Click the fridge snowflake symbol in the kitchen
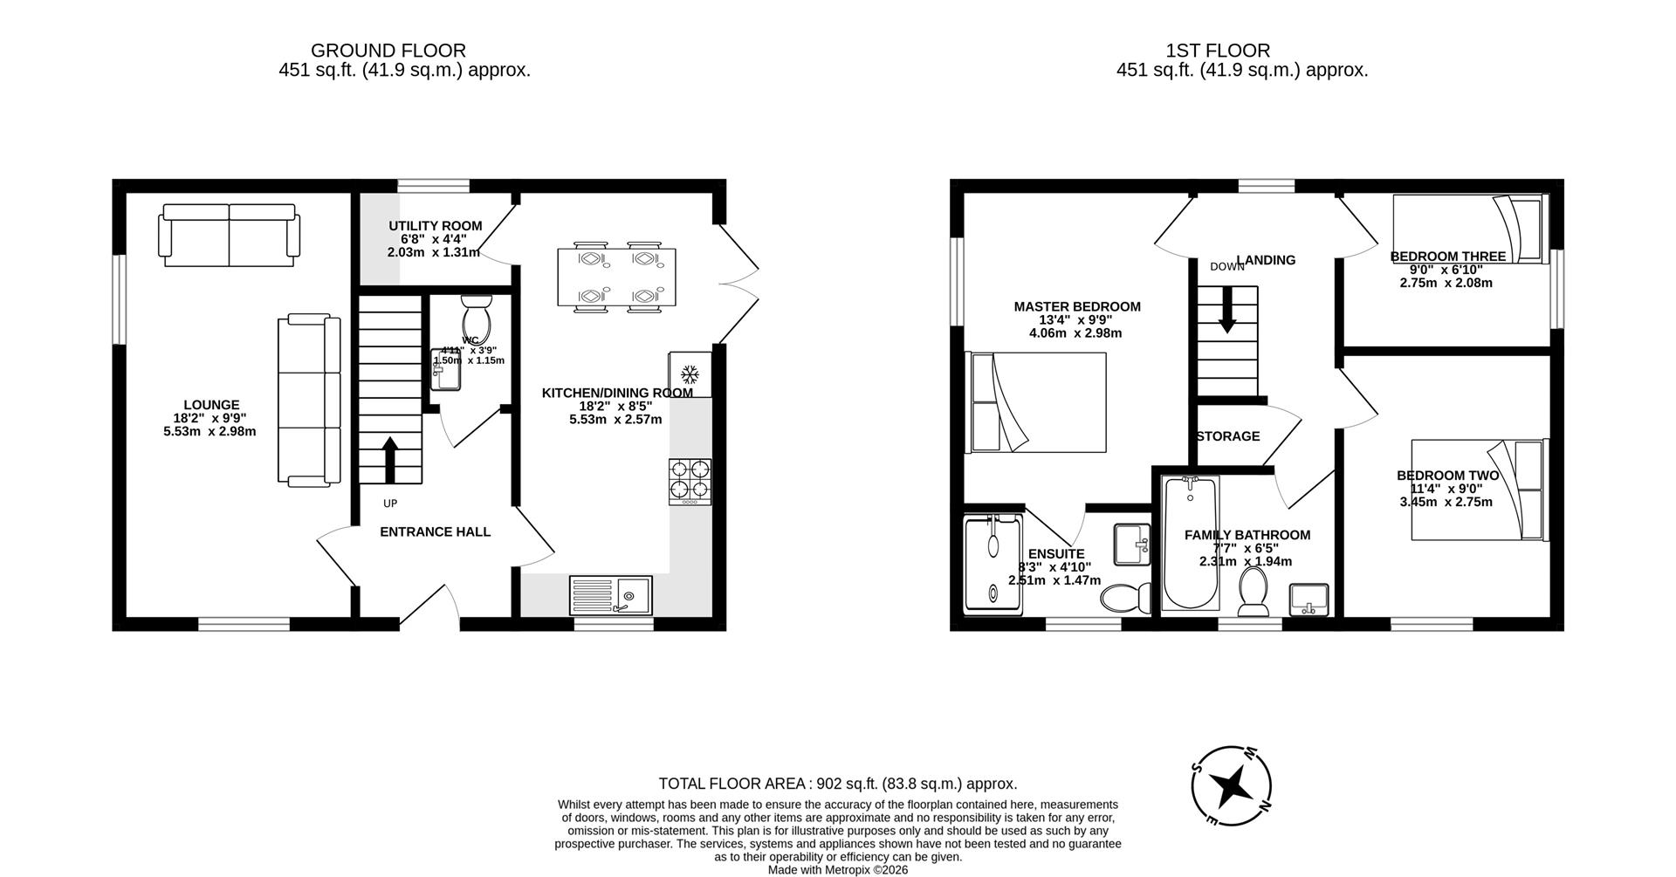pyautogui.click(x=690, y=375)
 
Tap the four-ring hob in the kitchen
pyautogui.click(x=690, y=481)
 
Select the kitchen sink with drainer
pyautogui.click(x=610, y=596)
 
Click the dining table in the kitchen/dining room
pyautogui.click(x=616, y=277)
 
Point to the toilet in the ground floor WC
pyautogui.click(x=477, y=319)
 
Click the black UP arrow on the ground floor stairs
pyautogui.click(x=389, y=458)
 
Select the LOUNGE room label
pyautogui.click(x=210, y=405)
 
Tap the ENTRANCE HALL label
pyautogui.click(x=435, y=531)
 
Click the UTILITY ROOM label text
pyautogui.click(x=435, y=226)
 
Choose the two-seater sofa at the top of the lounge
pyautogui.click(x=229, y=235)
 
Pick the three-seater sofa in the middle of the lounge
pyautogui.click(x=309, y=400)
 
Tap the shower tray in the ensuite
pyautogui.click(x=993, y=563)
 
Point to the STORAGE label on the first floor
pyautogui.click(x=1227, y=436)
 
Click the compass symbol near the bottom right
pyautogui.click(x=1232, y=786)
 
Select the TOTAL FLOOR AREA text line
pyautogui.click(x=837, y=784)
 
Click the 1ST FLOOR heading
pyautogui.click(x=1241, y=51)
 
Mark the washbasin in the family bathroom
pyautogui.click(x=1309, y=600)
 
